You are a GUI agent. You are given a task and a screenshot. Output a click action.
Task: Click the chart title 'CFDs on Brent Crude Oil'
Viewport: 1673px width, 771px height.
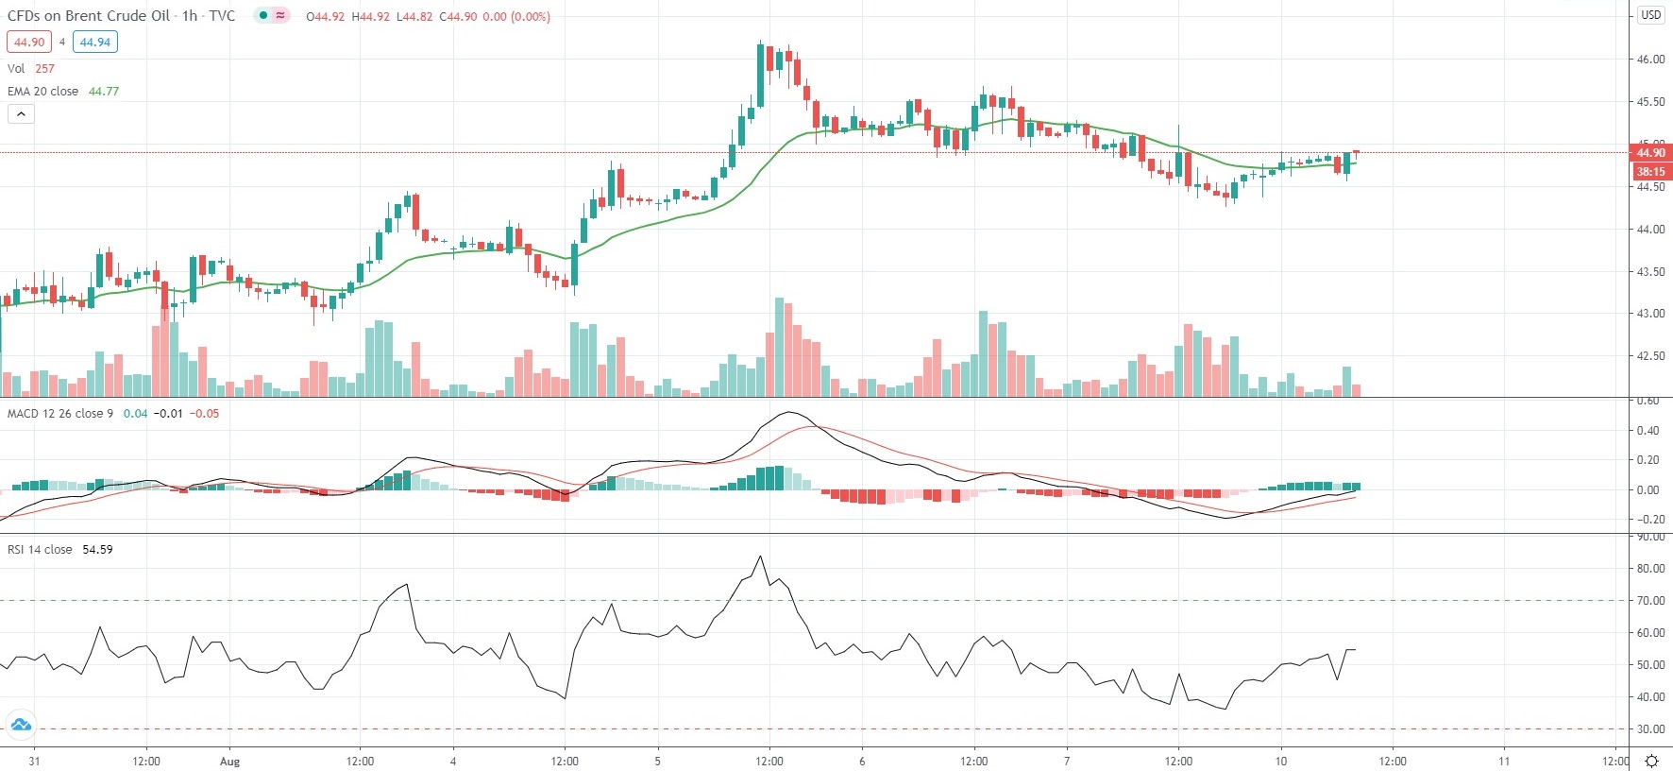coord(89,16)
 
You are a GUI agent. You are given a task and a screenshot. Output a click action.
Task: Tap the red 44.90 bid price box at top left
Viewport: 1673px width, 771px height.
coord(28,42)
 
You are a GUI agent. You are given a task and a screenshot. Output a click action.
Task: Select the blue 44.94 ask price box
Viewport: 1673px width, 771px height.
coord(94,42)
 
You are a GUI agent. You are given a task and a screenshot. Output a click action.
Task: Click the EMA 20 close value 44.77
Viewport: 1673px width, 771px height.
coord(104,92)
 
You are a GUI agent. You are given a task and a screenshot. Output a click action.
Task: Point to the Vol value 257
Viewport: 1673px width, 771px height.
coord(45,69)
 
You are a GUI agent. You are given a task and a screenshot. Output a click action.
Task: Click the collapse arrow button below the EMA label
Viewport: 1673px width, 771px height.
coord(21,114)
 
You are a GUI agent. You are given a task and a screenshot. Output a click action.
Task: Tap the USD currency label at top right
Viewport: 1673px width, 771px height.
coord(1650,14)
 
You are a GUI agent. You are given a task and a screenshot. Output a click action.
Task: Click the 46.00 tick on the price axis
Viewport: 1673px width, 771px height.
coord(1650,60)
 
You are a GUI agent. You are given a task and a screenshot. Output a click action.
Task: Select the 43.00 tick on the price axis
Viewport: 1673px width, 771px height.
coord(1650,314)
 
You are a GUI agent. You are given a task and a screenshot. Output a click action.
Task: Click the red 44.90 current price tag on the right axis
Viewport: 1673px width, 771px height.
coord(1650,153)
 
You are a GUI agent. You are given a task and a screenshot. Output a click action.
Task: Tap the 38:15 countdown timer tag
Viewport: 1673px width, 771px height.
coord(1650,172)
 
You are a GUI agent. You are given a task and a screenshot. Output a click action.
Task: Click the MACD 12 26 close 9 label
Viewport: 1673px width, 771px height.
coord(60,414)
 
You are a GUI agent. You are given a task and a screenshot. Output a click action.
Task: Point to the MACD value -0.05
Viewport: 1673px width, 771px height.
coord(204,414)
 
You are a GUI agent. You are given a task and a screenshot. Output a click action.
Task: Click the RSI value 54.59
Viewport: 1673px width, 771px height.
coord(97,550)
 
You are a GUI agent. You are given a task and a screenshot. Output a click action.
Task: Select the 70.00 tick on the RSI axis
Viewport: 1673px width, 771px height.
coord(1650,601)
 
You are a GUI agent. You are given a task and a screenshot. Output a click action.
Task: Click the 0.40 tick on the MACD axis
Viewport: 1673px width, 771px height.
coord(1648,431)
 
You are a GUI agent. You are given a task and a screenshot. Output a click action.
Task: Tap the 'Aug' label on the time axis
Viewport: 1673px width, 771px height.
coord(229,762)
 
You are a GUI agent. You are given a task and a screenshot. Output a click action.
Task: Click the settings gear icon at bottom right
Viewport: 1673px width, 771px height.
coord(1651,761)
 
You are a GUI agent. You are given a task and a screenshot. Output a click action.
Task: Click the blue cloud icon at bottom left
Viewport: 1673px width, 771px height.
coord(20,726)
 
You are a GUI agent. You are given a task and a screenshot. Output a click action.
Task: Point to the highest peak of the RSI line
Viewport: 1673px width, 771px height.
coord(760,557)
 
